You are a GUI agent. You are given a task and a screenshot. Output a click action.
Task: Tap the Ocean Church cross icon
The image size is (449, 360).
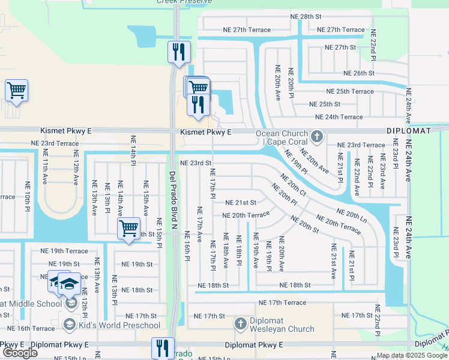click(x=317, y=137)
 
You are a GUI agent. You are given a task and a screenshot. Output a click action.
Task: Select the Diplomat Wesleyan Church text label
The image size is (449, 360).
click(x=282, y=329)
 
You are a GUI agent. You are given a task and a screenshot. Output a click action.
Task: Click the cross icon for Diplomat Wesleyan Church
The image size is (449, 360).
click(x=240, y=324)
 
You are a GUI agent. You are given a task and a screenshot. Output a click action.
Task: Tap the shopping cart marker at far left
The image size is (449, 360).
click(x=16, y=91)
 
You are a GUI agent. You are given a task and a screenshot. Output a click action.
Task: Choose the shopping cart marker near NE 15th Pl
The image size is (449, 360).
click(x=128, y=229)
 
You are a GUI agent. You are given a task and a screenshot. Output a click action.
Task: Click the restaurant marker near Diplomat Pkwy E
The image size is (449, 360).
click(x=163, y=347)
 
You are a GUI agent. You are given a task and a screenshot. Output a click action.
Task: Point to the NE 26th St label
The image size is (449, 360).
click(x=358, y=73)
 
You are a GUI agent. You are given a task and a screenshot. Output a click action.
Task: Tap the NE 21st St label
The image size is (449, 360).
click(x=241, y=203)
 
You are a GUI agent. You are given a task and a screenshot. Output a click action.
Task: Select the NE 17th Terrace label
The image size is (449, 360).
click(x=282, y=303)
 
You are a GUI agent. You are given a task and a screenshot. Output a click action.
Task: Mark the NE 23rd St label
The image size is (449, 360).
click(x=196, y=163)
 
